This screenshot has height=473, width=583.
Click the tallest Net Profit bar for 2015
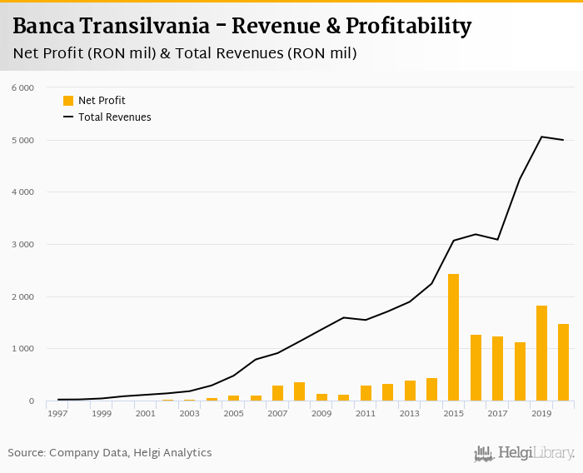coord(453,337)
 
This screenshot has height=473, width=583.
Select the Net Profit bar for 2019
coord(541,353)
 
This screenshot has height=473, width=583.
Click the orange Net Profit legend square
coord(68,101)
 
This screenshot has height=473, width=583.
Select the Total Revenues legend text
coord(115,117)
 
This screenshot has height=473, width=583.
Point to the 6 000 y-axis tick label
coord(22,87)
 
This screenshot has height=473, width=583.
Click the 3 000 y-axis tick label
coord(22,244)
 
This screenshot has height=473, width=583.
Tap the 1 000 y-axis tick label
coord(22,349)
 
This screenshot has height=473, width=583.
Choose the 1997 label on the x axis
coord(57,413)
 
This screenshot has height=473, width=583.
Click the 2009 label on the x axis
coord(321,413)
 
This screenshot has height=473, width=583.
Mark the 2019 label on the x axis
coord(541,413)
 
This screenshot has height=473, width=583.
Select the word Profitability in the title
coord(408,27)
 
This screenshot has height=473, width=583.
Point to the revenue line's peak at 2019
coord(541,137)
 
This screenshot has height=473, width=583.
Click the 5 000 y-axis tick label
coord(22,140)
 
